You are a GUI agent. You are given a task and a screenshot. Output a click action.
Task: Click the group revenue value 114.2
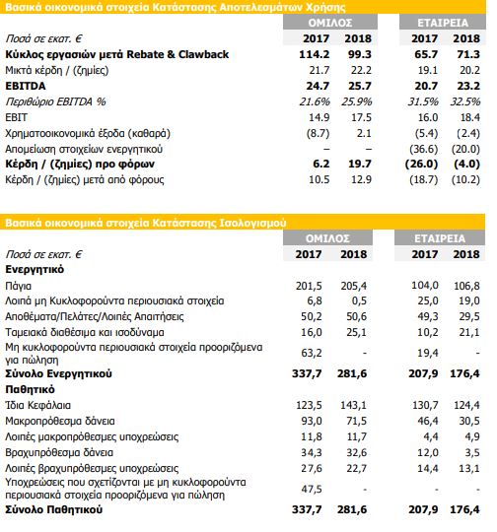(314, 54)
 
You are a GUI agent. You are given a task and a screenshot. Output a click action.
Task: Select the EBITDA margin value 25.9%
(357, 101)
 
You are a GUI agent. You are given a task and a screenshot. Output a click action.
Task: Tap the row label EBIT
(17, 117)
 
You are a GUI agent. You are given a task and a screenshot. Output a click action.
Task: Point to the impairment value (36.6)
(424, 149)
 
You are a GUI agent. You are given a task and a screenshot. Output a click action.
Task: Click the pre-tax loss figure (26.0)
(422, 165)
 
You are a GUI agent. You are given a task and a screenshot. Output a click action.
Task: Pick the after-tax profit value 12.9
(361, 179)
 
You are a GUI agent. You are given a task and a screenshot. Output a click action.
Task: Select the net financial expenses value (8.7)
(318, 133)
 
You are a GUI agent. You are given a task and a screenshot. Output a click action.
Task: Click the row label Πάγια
(19, 286)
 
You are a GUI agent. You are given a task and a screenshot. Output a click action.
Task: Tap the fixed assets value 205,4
(353, 286)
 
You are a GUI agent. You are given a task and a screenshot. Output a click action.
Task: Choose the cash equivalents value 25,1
(356, 332)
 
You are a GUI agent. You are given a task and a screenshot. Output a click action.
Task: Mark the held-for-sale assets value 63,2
(312, 353)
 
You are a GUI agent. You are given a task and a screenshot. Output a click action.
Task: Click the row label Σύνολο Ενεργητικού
(58, 373)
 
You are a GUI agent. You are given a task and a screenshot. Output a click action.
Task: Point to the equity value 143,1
(353, 405)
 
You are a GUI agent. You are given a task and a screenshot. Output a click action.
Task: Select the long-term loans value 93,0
(312, 421)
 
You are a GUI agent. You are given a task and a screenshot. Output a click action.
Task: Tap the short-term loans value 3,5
(472, 452)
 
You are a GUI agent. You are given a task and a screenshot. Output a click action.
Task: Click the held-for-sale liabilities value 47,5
(312, 489)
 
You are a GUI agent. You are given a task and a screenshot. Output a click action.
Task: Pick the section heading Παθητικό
(30, 389)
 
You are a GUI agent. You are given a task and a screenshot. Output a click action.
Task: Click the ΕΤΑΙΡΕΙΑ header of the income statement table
(443, 23)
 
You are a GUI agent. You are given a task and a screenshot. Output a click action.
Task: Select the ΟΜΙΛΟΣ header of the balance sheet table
(327, 238)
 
